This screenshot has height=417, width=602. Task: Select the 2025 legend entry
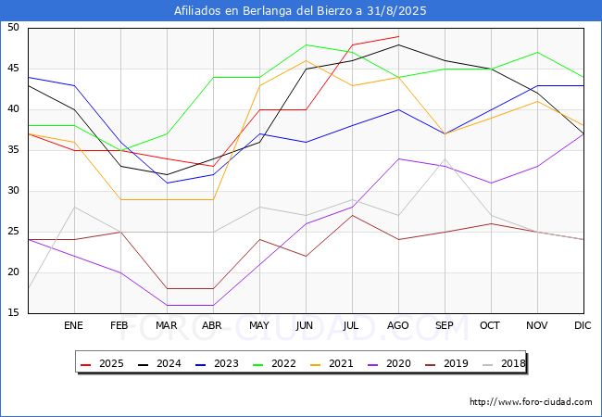[103, 363]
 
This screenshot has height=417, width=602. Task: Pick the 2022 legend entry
[274, 363]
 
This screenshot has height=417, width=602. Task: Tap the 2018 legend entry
[504, 363]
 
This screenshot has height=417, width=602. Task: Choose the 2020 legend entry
[389, 363]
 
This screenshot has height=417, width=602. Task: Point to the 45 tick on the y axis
[13, 69]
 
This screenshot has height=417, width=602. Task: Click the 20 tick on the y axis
[13, 272]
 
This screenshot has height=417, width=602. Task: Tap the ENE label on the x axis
[73, 325]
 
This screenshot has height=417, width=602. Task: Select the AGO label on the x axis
[397, 325]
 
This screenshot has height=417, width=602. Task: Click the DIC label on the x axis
[583, 325]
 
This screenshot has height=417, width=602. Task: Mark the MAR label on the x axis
[166, 325]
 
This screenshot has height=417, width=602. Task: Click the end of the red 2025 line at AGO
[399, 36]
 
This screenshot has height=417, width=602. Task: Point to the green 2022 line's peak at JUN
[306, 44]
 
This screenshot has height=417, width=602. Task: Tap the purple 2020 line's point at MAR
[167, 305]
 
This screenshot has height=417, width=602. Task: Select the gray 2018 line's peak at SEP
[445, 158]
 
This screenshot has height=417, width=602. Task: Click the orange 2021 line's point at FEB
[121, 199]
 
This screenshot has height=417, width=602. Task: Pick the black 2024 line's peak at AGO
[399, 44]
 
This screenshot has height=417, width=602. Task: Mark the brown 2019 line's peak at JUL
[353, 215]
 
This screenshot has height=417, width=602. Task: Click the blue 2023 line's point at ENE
[74, 85]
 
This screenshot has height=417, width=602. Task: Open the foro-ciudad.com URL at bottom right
[531, 402]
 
